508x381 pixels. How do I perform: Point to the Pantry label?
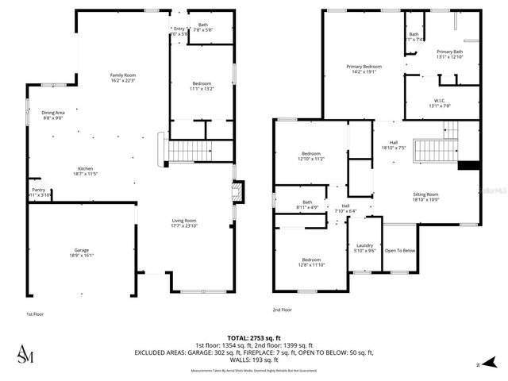click(38, 190)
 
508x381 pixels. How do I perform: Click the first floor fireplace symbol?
click(235, 193)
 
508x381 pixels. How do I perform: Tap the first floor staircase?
click(190, 148)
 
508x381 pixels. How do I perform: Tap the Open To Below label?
click(400, 251)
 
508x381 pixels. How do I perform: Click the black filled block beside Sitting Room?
click(469, 165)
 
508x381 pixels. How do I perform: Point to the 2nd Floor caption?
click(283, 310)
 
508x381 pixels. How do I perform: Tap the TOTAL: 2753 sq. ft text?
click(254, 337)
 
